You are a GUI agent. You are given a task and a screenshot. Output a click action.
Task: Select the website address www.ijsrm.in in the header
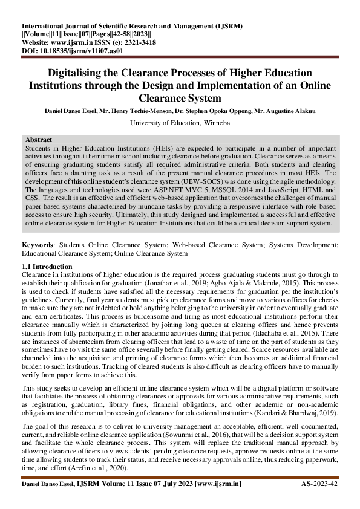[68, 44]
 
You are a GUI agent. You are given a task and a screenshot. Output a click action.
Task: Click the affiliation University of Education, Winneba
[179, 122]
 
